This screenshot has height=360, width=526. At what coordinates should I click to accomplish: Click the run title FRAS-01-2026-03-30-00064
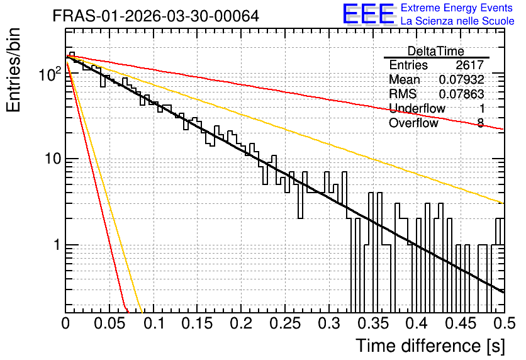tap(155, 16)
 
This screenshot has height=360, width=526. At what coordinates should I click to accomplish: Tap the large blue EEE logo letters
tap(368, 14)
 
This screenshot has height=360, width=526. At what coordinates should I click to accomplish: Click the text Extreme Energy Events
tap(457, 8)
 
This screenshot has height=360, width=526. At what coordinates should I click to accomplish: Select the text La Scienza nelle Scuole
tap(457, 21)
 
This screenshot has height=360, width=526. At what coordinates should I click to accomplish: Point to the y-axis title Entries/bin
tap(13, 70)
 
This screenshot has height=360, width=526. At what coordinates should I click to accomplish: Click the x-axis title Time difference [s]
tap(430, 346)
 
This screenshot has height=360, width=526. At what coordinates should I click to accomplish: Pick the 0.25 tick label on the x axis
tap(285, 323)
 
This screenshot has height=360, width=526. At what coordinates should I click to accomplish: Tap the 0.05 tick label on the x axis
tap(109, 323)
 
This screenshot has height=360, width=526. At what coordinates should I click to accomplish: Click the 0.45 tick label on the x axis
tap(461, 323)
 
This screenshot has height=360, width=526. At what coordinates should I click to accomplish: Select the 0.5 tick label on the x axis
tap(504, 323)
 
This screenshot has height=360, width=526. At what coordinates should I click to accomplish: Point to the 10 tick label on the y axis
tap(53, 159)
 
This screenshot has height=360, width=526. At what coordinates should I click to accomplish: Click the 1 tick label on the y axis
tap(57, 245)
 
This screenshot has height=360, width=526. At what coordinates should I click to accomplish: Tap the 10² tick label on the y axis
tap(50, 74)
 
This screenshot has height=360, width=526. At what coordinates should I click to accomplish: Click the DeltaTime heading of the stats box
tap(436, 51)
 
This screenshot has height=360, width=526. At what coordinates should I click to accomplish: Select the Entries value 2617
tap(469, 65)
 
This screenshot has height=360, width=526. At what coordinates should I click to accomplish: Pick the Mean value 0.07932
tap(462, 79)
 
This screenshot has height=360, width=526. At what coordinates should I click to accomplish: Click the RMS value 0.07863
tap(462, 94)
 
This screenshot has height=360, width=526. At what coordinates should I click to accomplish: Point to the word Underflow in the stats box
tap(417, 108)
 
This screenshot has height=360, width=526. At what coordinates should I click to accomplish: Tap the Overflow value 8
tap(480, 123)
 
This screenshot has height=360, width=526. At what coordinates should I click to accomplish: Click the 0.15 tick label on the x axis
tap(198, 323)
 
